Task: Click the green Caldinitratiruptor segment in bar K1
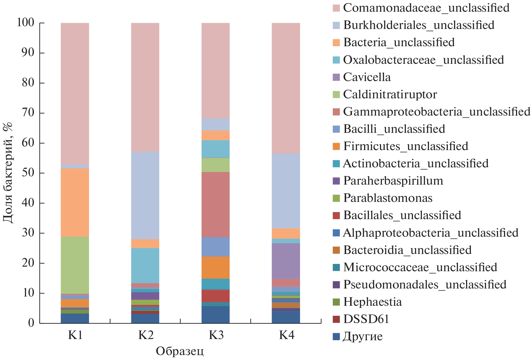click(75, 265)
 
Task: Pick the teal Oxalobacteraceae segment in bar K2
click(145, 265)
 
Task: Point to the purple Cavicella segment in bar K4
click(286, 261)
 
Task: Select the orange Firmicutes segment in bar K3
click(215, 267)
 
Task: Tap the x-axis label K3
click(216, 335)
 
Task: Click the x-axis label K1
click(75, 335)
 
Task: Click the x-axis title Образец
click(180, 351)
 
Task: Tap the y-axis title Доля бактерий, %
click(8, 173)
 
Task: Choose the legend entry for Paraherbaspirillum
click(393, 181)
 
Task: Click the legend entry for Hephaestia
click(372, 302)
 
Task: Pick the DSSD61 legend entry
click(366, 319)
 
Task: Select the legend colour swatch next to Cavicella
click(336, 77)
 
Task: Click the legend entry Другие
click(363, 336)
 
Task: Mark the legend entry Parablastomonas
click(388, 198)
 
